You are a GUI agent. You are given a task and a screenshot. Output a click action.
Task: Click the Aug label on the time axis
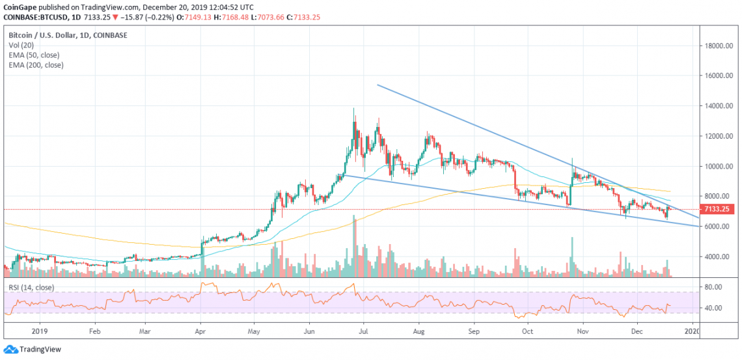pyautogui.click(x=420, y=331)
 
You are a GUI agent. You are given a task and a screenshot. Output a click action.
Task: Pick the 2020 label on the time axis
pyautogui.click(x=693, y=331)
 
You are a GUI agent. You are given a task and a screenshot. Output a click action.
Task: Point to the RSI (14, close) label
pyautogui.click(x=31, y=286)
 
